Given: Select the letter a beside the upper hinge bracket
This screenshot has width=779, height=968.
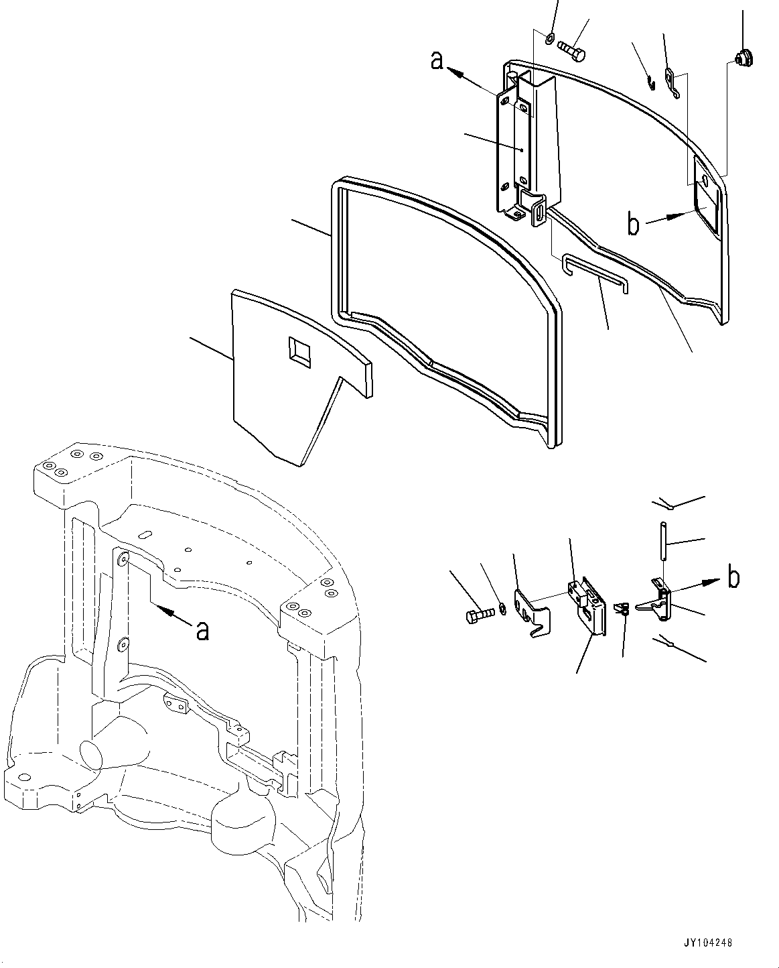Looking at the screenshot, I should (x=437, y=61).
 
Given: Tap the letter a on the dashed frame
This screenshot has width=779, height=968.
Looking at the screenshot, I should (x=202, y=630).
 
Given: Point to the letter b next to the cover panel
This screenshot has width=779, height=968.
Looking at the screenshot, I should (x=633, y=225).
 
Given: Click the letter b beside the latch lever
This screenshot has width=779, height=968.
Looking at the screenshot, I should (x=733, y=577).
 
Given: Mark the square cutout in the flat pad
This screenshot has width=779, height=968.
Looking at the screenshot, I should (x=299, y=351).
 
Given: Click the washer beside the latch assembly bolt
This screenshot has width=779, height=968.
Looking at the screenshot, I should (x=502, y=609).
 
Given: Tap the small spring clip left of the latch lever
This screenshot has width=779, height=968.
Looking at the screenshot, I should (x=622, y=609).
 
